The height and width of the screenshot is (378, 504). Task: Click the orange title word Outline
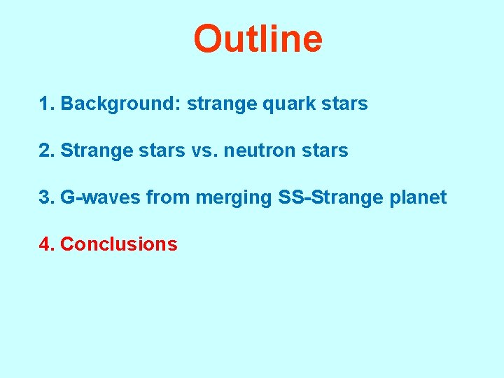258,39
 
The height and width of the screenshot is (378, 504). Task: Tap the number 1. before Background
47,104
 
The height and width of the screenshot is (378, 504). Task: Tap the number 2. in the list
47,150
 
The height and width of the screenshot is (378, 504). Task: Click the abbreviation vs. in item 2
204,151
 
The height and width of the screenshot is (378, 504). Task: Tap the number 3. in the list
47,197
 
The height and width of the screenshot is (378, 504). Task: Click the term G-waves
101,197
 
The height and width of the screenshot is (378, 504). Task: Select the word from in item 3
168,197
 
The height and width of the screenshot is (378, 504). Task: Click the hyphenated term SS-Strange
330,198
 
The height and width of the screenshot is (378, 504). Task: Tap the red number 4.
47,244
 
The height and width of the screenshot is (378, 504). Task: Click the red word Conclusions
119,244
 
